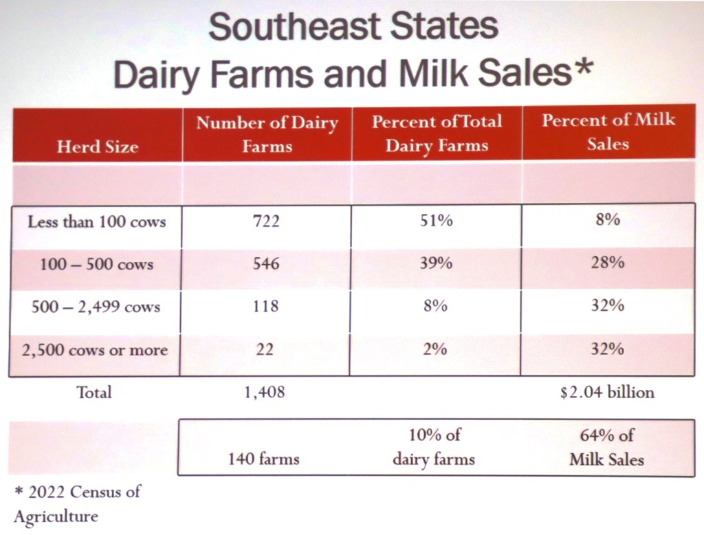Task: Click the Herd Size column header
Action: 97,146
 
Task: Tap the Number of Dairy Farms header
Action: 267,134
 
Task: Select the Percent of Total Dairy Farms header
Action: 437,133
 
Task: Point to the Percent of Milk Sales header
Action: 608,132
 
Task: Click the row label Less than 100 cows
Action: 96,222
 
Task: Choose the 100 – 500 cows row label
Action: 96,264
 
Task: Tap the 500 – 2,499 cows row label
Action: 96,307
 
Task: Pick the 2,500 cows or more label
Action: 95,350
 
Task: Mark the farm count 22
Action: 265,350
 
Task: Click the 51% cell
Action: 437,221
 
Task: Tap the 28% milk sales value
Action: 608,264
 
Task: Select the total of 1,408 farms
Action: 265,393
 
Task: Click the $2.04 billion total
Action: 607,393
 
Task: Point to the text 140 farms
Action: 264,459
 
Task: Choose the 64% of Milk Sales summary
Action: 607,447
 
